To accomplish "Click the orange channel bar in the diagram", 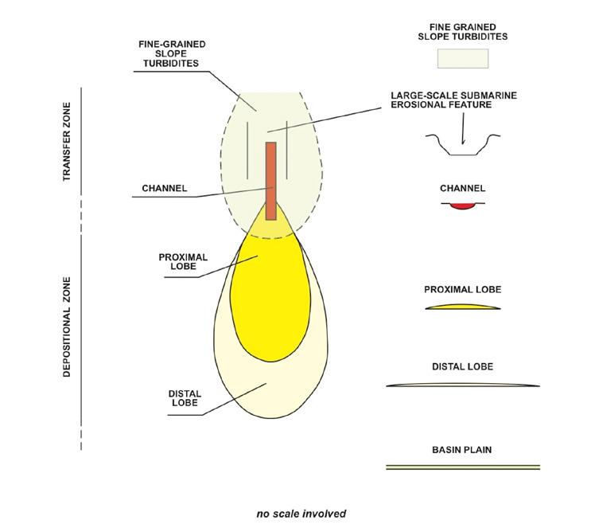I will coord(270,179).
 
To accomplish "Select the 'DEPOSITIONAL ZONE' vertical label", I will coord(68,327).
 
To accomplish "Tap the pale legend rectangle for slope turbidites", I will coord(462,58).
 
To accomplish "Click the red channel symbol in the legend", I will coord(461,205).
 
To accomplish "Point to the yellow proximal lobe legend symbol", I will coord(462,307).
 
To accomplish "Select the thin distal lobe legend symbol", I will coord(462,385).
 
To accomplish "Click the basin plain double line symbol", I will coord(462,466).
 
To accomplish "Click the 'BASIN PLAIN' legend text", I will coord(462,450).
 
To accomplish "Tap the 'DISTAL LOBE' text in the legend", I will coord(462,367).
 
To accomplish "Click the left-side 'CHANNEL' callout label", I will coord(164,189).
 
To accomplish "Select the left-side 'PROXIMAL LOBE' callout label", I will coord(184,262).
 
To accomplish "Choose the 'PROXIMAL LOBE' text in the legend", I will coord(462,289).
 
